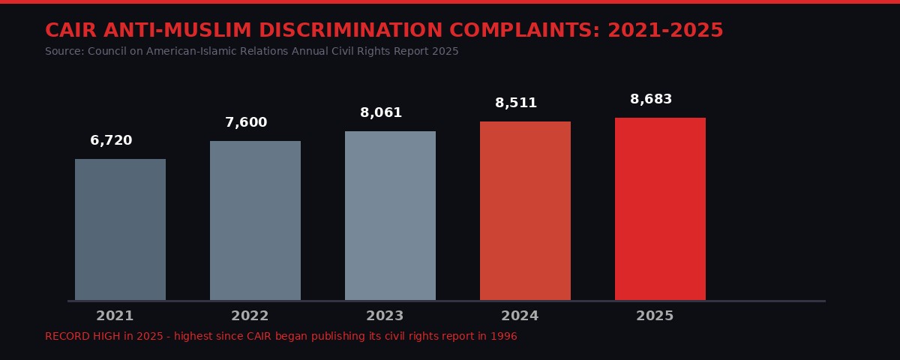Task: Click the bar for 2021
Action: coord(120,229)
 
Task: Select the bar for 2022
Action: coord(255,220)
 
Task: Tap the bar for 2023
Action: coord(390,216)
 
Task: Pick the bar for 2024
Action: coord(525,211)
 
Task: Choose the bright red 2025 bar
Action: coord(660,209)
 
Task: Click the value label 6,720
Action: coord(111,140)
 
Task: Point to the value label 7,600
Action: coord(246,122)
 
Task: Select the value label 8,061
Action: coord(381,112)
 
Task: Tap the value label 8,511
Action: coord(516,103)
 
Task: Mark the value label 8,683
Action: coord(651,99)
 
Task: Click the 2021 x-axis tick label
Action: coord(115,316)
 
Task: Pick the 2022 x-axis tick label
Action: coord(250,316)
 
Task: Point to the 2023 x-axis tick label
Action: coord(385,316)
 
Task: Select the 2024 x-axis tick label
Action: coord(520,316)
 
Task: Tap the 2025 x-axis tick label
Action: coord(655,316)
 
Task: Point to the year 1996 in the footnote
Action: coord(504,336)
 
